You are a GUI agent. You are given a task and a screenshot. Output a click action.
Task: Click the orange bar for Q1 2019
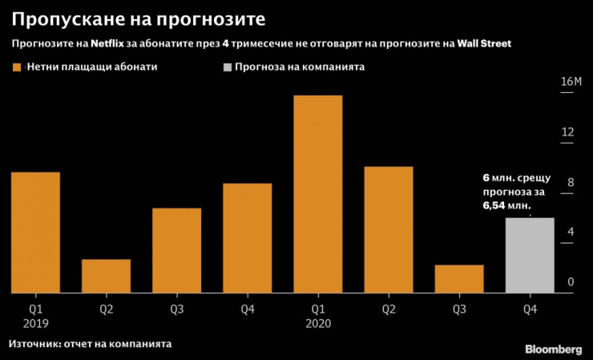coord(35,233)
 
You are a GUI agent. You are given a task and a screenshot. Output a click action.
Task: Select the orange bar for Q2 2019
coord(106,277)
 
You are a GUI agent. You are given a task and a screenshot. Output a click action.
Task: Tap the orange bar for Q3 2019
coord(176,251)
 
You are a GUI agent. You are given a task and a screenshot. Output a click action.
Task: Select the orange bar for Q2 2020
coord(389,230)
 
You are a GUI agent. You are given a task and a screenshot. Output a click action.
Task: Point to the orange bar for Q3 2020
coord(459,279)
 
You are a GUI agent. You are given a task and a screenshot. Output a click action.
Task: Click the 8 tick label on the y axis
coord(570,183)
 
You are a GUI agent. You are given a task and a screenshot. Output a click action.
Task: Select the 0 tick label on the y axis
coord(570,282)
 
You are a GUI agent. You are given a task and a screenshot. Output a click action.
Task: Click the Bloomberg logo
coord(553,349)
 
